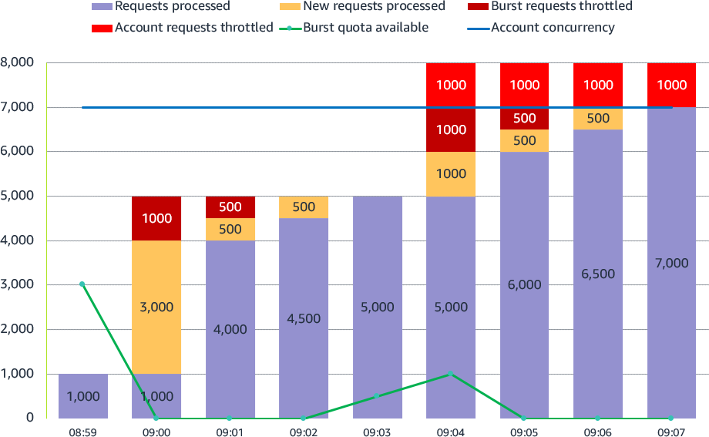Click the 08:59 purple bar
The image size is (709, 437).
pyautogui.click(x=82, y=396)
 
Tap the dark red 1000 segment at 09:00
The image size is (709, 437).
pyautogui.click(x=156, y=218)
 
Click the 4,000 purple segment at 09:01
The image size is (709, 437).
pyautogui.click(x=230, y=329)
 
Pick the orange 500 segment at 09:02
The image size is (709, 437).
pyautogui.click(x=304, y=207)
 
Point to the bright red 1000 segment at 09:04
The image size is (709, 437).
pyautogui.click(x=451, y=85)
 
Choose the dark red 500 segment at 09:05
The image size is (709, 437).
pyautogui.click(x=524, y=119)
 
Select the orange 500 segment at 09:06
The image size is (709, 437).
pyautogui.click(x=598, y=119)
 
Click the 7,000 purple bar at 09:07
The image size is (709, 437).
pyautogui.click(x=671, y=263)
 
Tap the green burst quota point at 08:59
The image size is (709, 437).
pyautogui.click(x=82, y=284)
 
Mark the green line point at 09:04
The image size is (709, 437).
pyautogui.click(x=451, y=374)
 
